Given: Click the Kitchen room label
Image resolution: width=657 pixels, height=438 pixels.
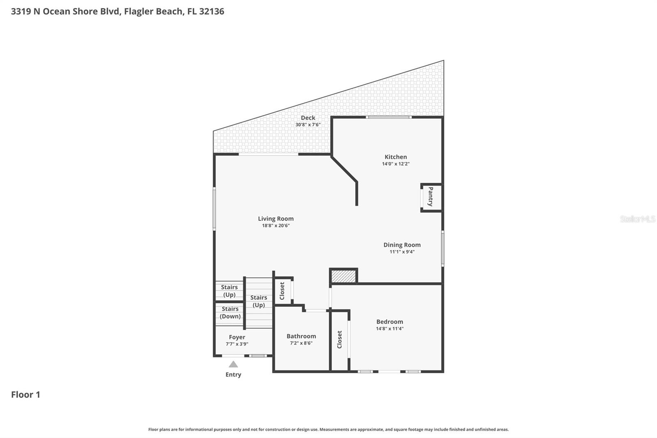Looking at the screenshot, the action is click(x=396, y=157).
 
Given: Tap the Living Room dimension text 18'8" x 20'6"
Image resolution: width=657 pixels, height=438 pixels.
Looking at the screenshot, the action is click(x=276, y=226).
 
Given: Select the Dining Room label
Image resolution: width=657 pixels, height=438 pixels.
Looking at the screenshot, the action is click(x=402, y=245).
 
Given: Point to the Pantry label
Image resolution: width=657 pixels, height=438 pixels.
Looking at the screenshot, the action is click(x=431, y=197).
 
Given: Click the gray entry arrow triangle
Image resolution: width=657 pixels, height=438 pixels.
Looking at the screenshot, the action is click(x=233, y=364).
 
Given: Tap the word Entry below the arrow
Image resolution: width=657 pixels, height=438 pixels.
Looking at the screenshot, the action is click(x=233, y=375).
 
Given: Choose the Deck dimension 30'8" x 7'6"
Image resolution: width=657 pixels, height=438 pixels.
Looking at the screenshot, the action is click(x=308, y=124).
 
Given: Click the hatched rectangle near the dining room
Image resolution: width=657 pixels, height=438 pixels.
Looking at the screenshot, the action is click(x=343, y=276).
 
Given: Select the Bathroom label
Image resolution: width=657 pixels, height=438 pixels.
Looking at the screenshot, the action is click(x=301, y=336).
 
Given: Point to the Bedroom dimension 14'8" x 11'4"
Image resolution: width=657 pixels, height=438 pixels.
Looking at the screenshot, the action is click(x=390, y=329).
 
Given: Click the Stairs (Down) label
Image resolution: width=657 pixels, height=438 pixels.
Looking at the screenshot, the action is click(x=230, y=312).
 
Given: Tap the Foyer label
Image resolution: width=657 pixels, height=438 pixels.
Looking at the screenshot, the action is click(x=237, y=337).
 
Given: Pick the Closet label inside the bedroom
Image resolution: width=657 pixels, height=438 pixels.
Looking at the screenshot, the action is click(x=340, y=340).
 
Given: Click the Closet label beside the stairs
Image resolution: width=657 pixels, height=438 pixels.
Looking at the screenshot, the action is click(x=282, y=291).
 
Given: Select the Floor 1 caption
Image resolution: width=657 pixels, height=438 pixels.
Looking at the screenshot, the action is click(x=25, y=394).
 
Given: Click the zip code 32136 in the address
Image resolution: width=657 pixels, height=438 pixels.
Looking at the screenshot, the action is click(x=211, y=11).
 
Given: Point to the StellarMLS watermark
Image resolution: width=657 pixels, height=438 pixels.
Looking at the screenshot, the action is click(x=638, y=219).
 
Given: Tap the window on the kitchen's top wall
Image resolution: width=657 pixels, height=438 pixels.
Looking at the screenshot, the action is click(x=388, y=117).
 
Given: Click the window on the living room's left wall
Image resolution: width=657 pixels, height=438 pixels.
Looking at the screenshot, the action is click(x=214, y=209).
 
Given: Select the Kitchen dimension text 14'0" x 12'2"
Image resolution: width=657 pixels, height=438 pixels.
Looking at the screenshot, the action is click(x=396, y=164).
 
